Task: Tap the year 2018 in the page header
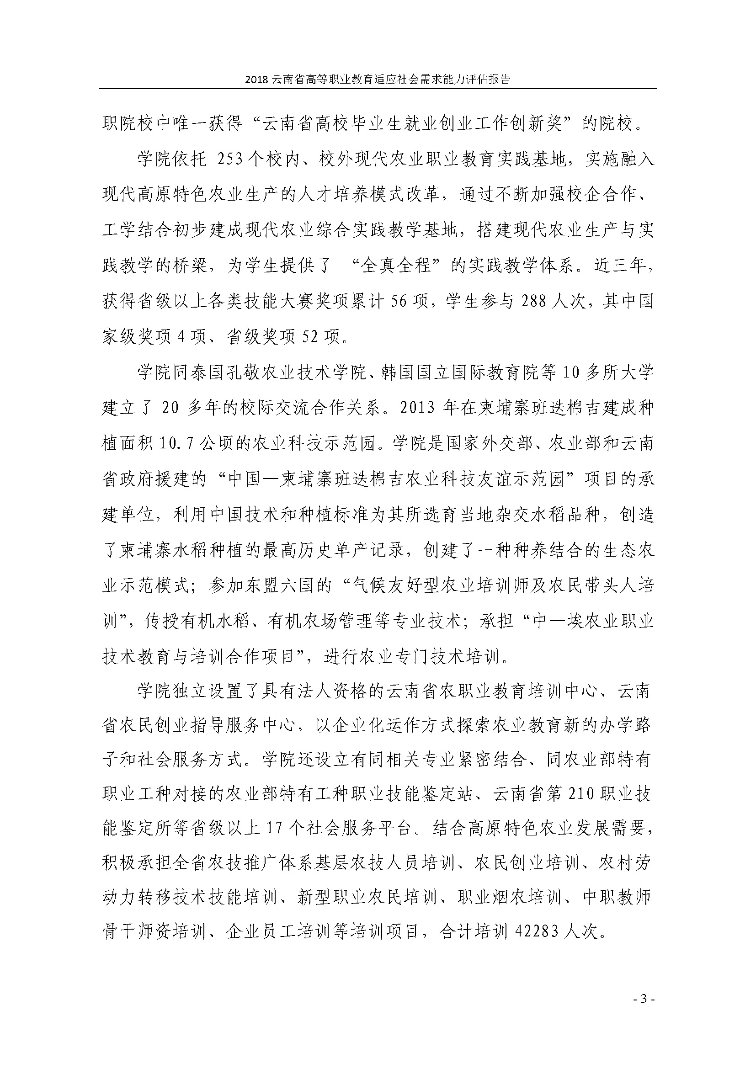pos(256,79)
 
